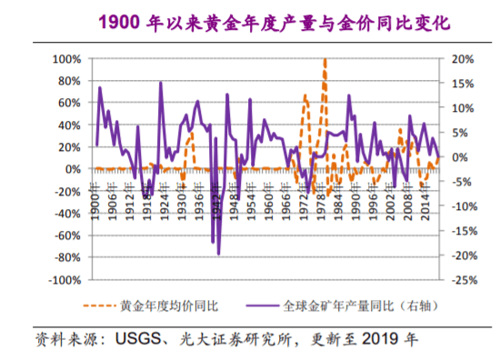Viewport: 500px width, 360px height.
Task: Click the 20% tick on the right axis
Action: coord(462,58)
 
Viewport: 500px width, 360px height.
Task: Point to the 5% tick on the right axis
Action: coord(459,133)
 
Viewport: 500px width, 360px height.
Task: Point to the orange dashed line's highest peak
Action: coord(325,60)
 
